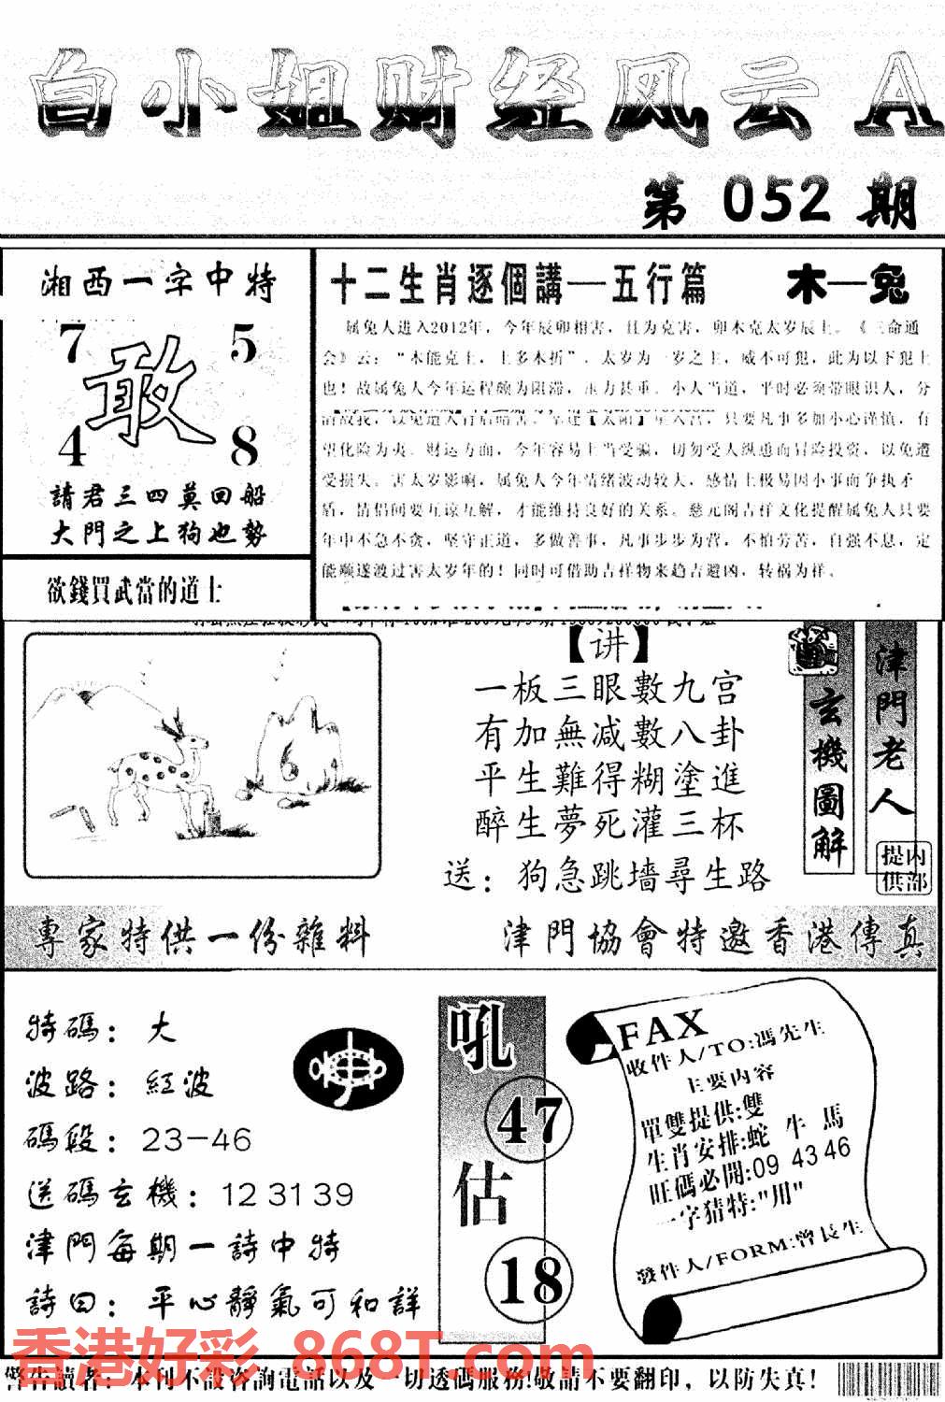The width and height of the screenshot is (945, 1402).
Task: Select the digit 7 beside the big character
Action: click(x=69, y=348)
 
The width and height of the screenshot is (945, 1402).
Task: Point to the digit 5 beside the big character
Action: click(x=242, y=347)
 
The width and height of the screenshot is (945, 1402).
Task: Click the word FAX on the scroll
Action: click(x=663, y=1029)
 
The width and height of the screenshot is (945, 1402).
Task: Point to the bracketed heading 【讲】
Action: click(x=609, y=645)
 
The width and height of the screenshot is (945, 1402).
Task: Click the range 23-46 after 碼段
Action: click(x=197, y=1139)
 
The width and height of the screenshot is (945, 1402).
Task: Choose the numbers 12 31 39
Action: click(x=287, y=1194)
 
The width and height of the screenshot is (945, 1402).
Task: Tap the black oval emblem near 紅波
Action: click(x=348, y=1071)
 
